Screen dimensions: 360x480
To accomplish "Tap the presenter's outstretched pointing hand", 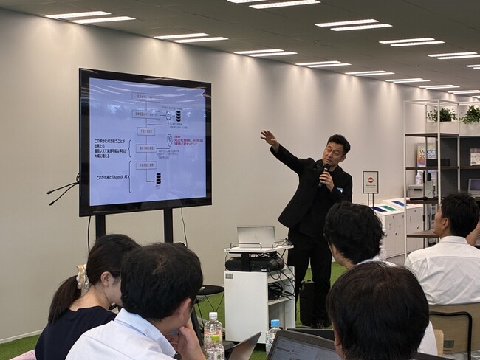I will (268, 137).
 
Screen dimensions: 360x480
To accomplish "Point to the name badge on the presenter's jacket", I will (338, 189).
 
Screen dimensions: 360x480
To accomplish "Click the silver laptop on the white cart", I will (256, 236).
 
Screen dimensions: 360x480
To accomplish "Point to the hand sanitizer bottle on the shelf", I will (418, 178).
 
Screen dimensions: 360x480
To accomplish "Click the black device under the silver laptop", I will (254, 262).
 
